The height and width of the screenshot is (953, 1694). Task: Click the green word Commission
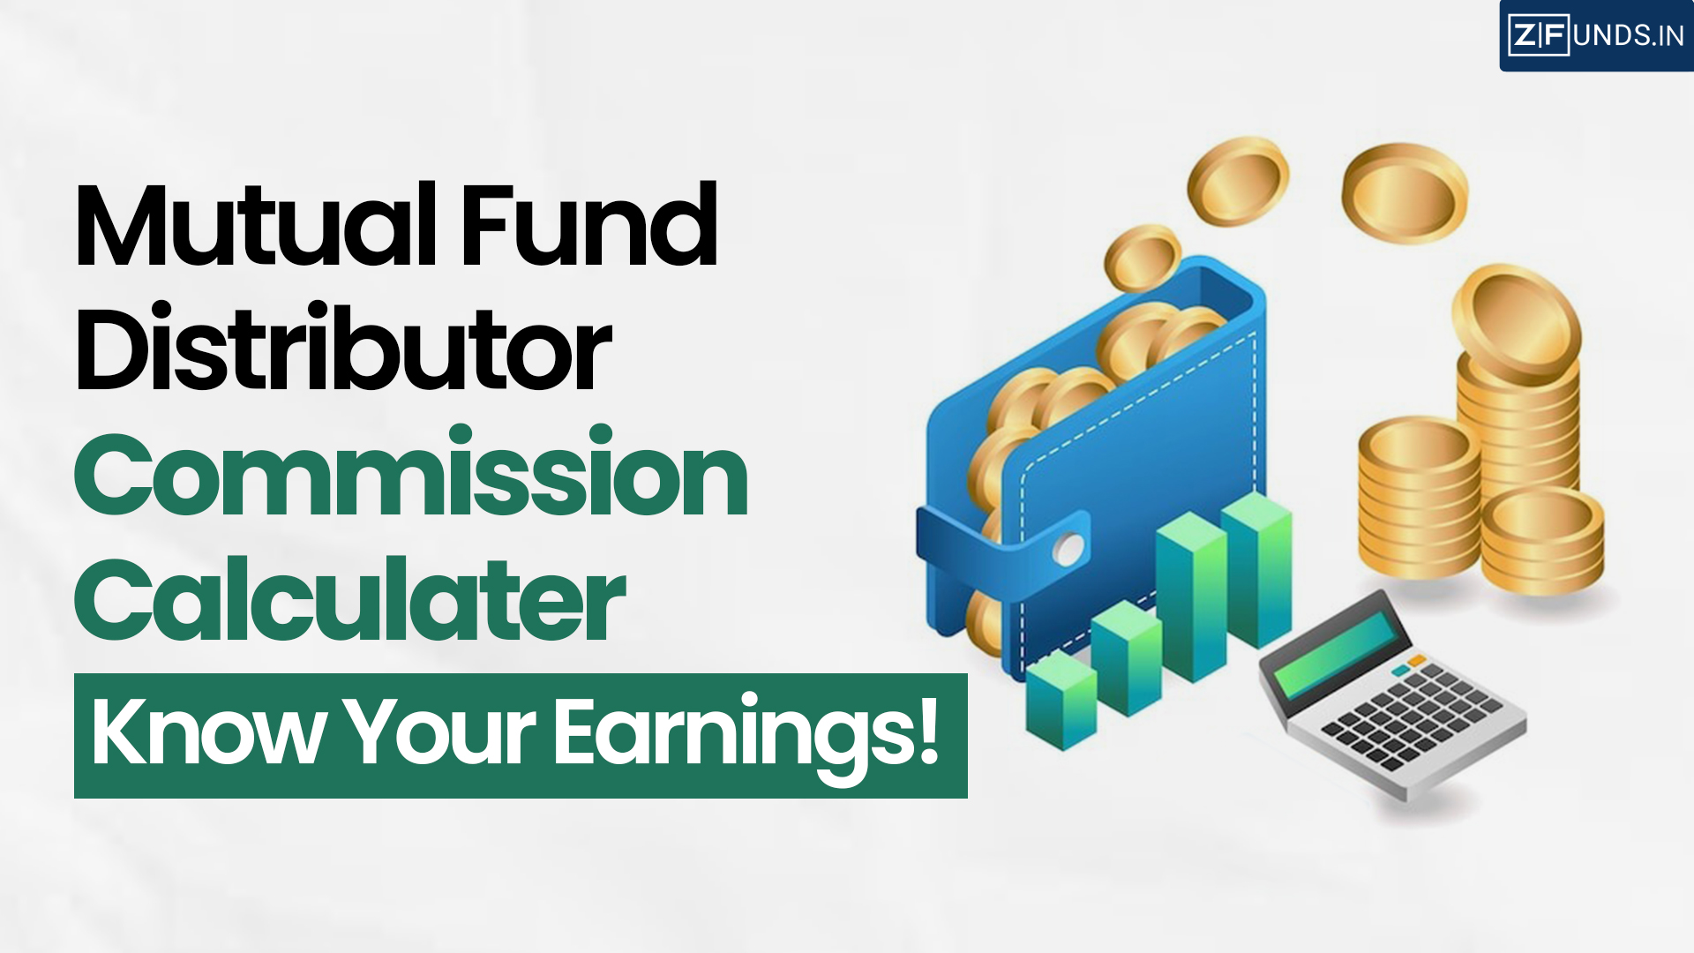point(411,475)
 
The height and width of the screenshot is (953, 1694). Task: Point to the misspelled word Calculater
point(349,600)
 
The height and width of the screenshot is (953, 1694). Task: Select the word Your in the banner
point(440,732)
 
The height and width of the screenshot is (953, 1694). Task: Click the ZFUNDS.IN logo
point(1596,35)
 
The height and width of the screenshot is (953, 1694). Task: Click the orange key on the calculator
point(1416,660)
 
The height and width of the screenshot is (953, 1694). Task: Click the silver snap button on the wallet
point(1068,549)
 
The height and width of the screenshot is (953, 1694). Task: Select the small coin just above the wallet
point(1142,256)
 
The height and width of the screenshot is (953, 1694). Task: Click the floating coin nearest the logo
point(1405,192)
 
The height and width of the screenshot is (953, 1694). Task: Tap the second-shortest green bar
point(1126,657)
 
